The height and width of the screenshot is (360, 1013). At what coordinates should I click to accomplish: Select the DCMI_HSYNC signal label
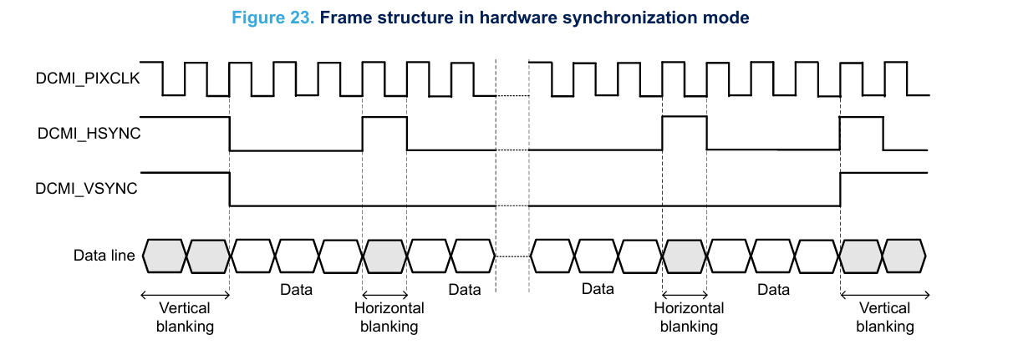point(87,133)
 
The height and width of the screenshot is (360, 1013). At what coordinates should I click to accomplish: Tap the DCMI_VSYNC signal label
point(87,189)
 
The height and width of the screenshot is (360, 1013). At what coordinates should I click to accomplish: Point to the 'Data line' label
point(104,256)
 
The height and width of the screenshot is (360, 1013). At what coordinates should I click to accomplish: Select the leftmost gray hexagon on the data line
point(164,256)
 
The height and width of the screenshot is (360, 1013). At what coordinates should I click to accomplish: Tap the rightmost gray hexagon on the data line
point(905,256)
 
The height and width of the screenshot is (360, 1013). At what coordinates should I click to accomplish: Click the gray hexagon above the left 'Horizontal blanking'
point(384,256)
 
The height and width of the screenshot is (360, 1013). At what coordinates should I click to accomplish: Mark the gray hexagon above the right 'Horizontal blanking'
point(685,256)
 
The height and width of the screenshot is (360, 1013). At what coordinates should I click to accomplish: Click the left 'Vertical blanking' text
point(185,317)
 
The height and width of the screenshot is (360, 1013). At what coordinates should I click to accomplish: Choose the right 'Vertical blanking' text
point(885,317)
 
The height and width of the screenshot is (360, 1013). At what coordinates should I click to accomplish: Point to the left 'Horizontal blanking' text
point(389,317)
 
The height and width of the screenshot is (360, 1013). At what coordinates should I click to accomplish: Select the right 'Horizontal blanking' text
point(689,317)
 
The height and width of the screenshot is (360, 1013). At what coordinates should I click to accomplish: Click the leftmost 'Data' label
point(296,290)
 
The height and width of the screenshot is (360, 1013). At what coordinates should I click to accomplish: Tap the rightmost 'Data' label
point(773,290)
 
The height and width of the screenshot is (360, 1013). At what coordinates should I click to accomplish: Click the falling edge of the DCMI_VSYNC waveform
point(230,189)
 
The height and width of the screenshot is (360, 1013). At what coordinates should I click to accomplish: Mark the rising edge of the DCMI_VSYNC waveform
point(840,189)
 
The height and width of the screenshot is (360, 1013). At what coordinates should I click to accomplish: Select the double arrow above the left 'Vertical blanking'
point(185,294)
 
